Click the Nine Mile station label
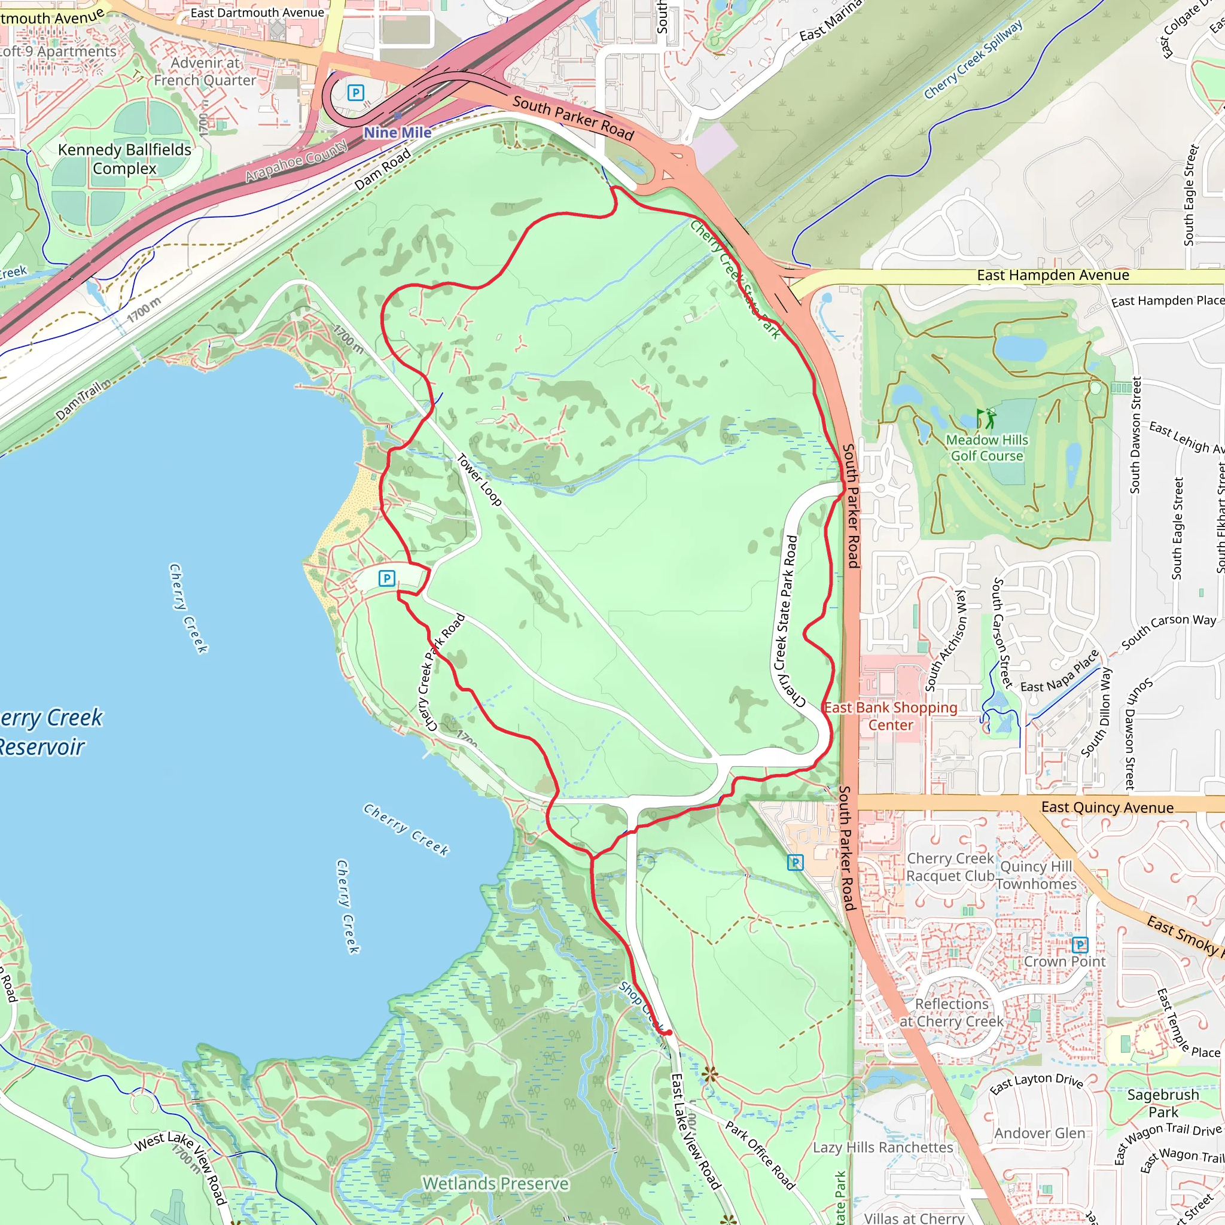(397, 133)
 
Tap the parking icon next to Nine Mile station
(356, 93)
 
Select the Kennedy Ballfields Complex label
(124, 159)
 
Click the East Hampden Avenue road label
(1053, 275)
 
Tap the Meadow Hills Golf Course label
(987, 447)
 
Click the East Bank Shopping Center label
(890, 716)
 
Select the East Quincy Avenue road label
(1107, 807)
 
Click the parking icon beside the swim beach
(386, 578)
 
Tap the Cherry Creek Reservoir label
(44, 732)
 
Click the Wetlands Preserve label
(496, 1184)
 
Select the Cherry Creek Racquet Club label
(950, 867)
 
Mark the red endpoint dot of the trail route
(669, 1033)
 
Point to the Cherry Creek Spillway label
(973, 60)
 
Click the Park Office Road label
(760, 1155)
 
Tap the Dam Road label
(382, 170)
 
